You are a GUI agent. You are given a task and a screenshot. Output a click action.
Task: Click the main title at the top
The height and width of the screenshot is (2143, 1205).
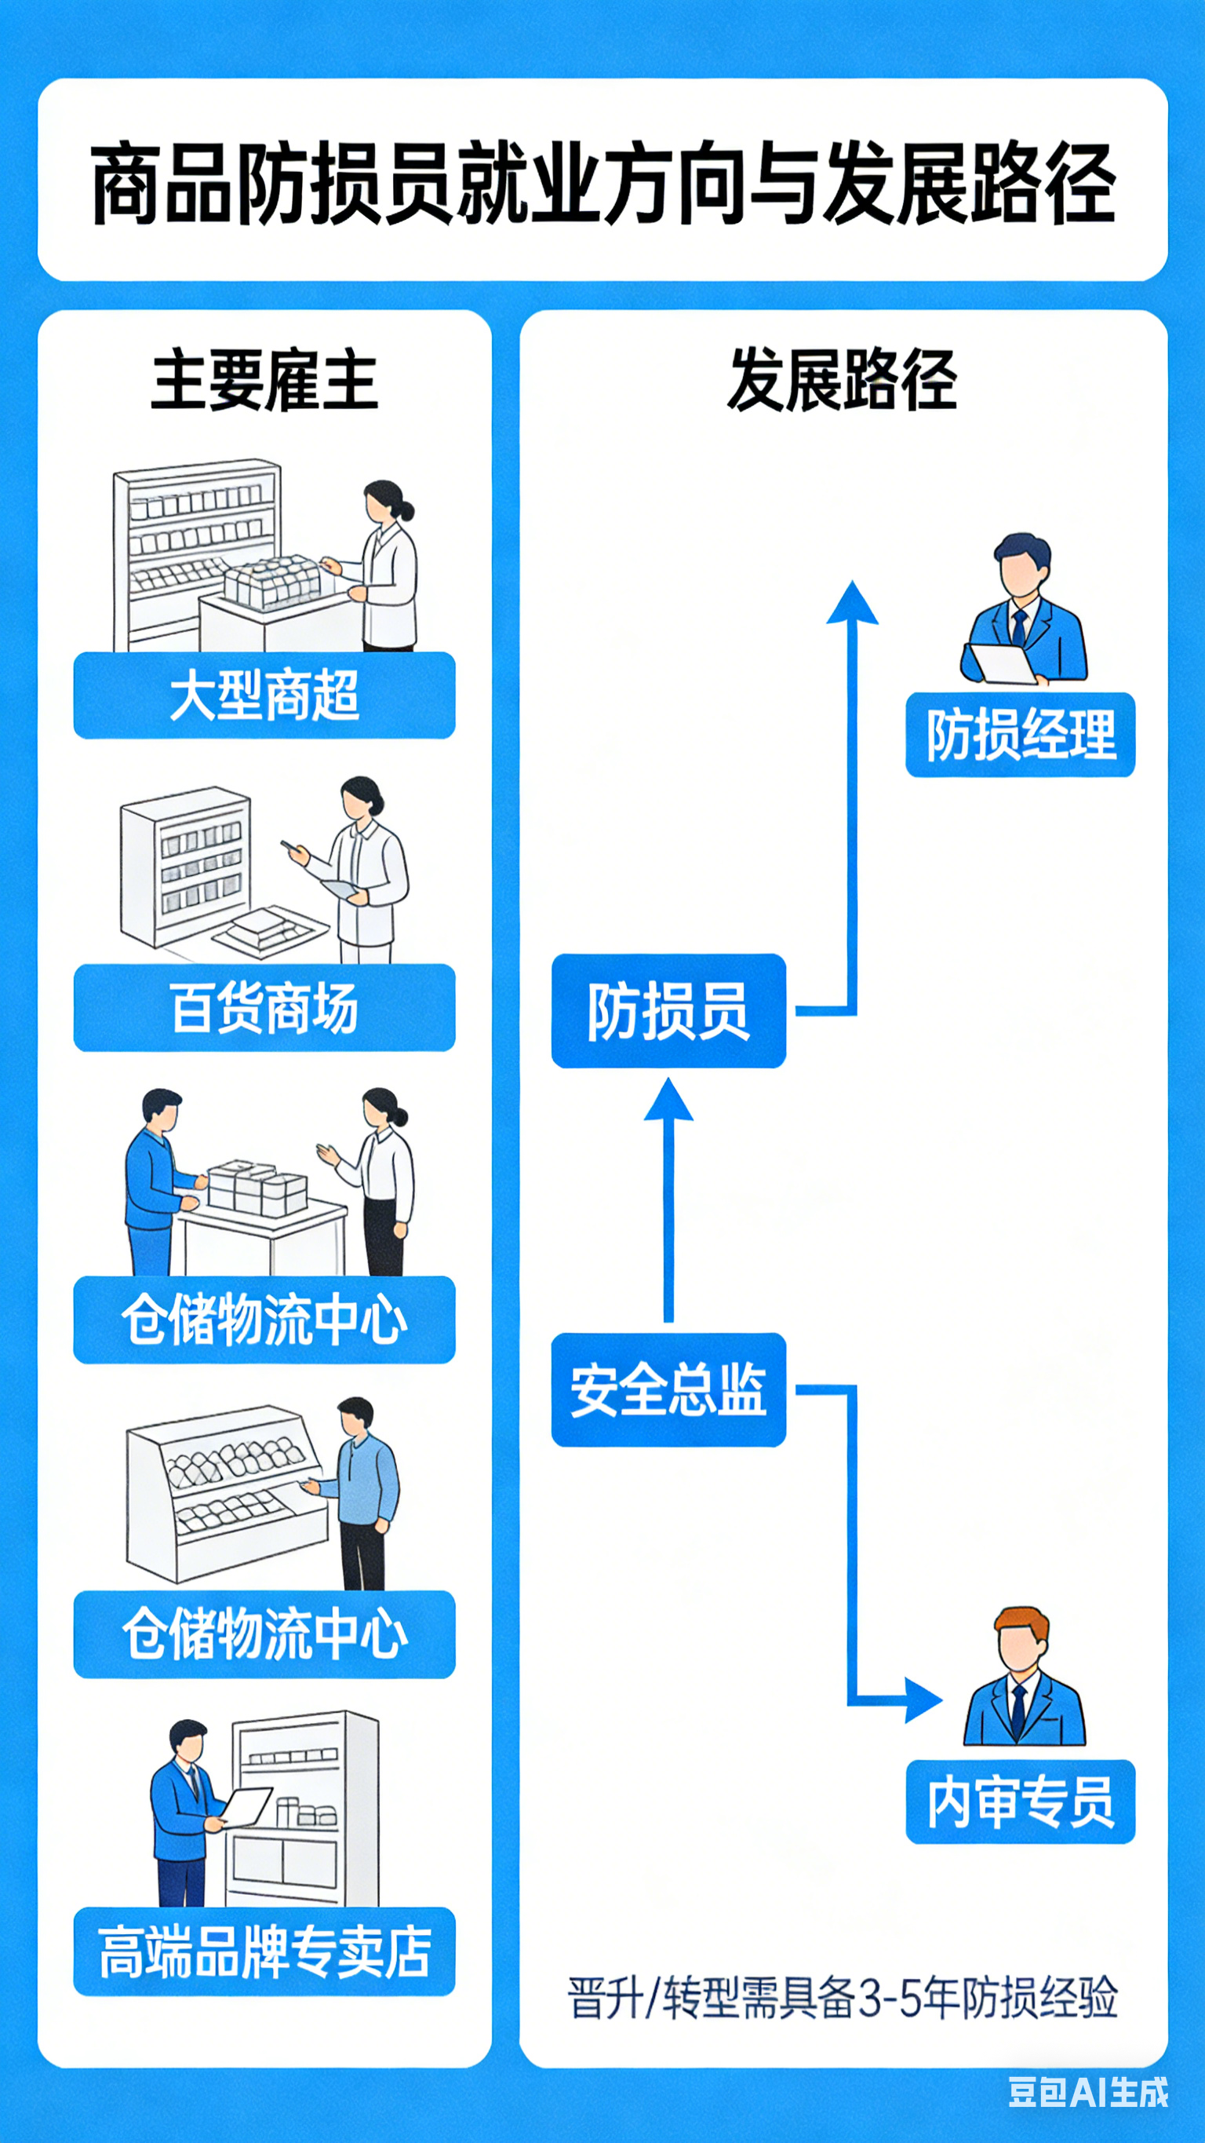pyautogui.click(x=602, y=182)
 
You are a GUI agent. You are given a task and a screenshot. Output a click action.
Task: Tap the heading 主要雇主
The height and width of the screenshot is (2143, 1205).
pyautogui.click(x=264, y=381)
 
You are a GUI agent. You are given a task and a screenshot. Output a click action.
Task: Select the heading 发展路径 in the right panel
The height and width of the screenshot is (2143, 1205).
pyautogui.click(x=842, y=381)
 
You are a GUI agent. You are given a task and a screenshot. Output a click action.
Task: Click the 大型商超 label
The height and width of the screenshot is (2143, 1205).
pyautogui.click(x=264, y=695)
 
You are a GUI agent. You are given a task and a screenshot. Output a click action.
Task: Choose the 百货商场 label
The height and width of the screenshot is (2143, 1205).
pyautogui.click(x=264, y=1007)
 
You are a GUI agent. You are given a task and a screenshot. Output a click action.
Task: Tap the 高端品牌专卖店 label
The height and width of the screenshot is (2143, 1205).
pyautogui.click(x=264, y=1951)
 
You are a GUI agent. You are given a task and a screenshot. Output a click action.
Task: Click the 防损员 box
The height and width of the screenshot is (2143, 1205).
pyautogui.click(x=668, y=1011)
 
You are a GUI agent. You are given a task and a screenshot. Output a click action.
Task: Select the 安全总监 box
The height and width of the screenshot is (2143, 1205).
pyautogui.click(x=668, y=1389)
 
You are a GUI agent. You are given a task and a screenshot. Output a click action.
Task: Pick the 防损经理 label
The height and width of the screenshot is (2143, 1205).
pyautogui.click(x=1021, y=735)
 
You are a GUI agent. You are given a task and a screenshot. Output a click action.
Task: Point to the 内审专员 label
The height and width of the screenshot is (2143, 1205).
pyautogui.click(x=1021, y=1801)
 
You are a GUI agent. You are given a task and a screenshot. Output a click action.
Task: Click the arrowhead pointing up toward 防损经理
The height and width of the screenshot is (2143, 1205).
pyautogui.click(x=851, y=603)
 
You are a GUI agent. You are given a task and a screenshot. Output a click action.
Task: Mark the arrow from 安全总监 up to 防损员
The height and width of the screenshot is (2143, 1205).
pyautogui.click(x=668, y=1198)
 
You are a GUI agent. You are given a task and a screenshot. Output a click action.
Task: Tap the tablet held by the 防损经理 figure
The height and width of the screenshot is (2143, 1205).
pyautogui.click(x=1003, y=663)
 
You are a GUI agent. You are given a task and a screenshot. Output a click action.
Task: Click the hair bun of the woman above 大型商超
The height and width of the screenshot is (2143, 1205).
pyautogui.click(x=406, y=510)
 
